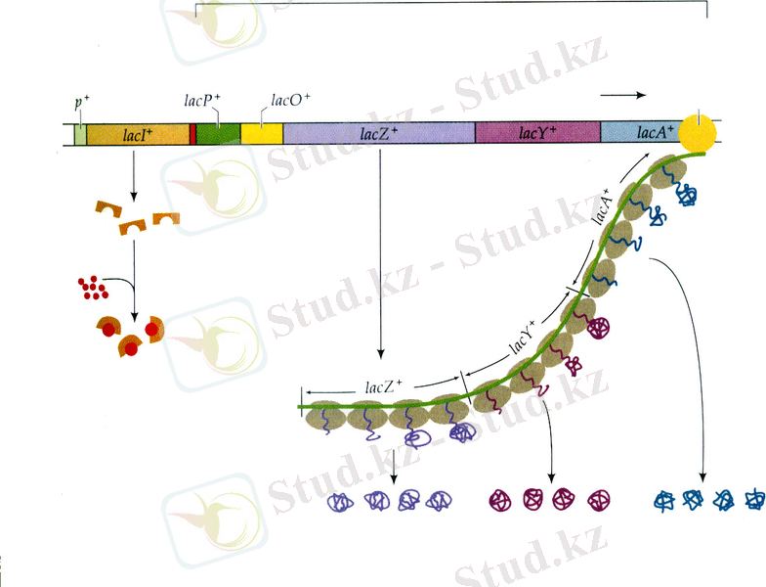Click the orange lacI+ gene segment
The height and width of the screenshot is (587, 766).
[138, 134]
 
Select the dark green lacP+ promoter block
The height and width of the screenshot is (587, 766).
[218, 134]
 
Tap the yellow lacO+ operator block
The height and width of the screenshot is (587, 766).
[262, 134]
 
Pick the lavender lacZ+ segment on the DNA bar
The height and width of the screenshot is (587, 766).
[379, 134]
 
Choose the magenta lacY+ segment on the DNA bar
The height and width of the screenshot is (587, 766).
[537, 133]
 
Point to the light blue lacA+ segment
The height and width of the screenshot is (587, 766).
[643, 132]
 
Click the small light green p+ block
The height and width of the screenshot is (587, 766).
[80, 135]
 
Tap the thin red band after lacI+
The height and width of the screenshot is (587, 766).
[193, 134]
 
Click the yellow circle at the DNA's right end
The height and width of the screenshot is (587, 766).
[700, 133]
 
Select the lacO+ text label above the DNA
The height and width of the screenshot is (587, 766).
[290, 100]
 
